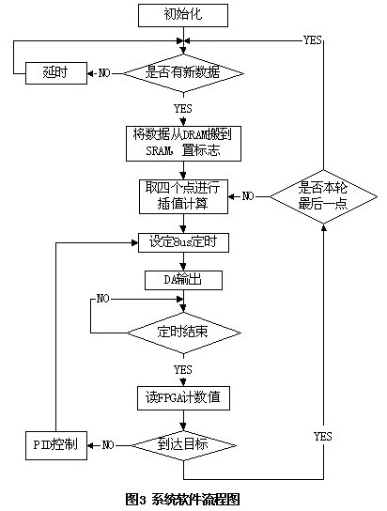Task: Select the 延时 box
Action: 52,72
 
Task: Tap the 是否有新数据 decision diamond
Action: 182,72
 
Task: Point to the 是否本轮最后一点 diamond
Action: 323,195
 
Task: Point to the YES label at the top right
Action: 313,40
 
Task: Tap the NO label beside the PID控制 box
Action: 109,444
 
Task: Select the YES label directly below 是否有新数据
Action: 182,109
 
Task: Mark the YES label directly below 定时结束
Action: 182,368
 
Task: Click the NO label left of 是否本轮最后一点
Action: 249,196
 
